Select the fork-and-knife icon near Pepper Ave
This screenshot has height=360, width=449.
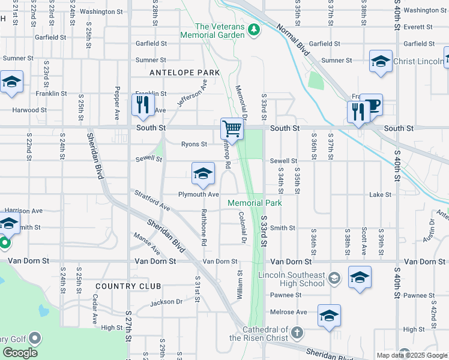143,105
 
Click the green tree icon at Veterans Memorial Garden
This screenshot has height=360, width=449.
254,28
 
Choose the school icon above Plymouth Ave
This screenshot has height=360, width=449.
203,174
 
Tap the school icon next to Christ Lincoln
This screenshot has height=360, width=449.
379,61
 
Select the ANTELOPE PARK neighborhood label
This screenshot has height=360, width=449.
184,73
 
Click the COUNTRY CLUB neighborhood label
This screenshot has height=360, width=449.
125,286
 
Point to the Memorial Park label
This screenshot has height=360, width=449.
255,203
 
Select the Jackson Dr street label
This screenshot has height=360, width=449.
166,302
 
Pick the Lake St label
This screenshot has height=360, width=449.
380,195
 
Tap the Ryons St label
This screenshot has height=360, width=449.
194,144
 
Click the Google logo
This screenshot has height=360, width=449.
20,353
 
